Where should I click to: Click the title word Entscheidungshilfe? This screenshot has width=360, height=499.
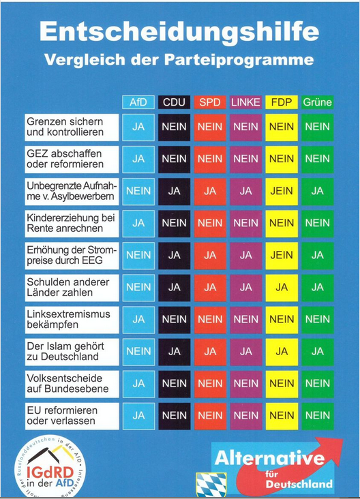179,31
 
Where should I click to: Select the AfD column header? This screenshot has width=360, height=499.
138,102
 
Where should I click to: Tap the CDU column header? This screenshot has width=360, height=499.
174,102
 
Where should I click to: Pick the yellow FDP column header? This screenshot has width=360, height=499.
281,102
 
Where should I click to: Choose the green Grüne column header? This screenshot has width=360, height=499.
317,102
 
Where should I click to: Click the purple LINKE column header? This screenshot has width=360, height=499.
245,102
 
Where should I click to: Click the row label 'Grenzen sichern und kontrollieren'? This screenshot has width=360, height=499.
72,127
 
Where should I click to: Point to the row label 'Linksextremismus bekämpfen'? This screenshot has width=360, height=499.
72,319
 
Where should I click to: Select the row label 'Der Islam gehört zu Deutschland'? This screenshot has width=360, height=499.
72,351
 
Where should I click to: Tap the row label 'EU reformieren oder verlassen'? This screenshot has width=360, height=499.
72,416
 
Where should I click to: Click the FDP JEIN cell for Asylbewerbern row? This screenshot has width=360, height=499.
281,192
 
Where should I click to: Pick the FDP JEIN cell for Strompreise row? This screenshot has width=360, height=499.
281,256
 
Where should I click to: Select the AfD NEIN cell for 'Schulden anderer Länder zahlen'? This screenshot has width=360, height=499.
138,287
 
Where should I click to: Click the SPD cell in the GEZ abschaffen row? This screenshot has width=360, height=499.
210,159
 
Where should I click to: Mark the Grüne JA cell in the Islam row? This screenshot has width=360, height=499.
317,351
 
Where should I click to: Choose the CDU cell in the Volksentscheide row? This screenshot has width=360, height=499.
174,383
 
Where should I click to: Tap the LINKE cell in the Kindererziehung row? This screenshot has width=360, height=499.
245,223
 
